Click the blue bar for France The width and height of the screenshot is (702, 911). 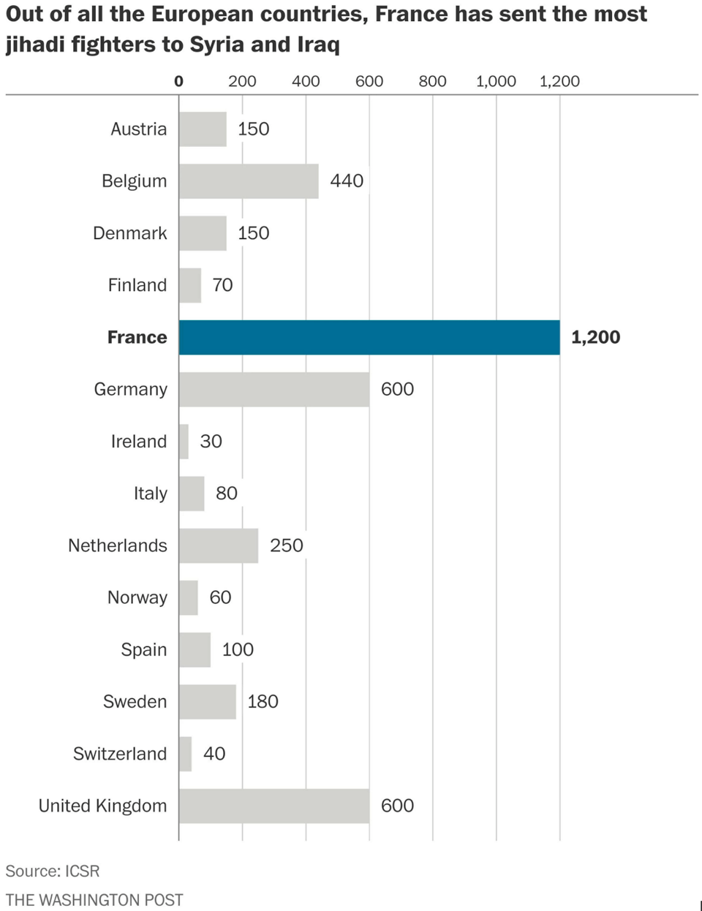pyautogui.click(x=369, y=337)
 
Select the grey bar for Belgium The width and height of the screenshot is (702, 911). pyautogui.click(x=249, y=181)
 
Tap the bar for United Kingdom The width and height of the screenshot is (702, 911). pyautogui.click(x=274, y=806)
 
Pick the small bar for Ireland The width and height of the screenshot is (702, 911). pyautogui.click(x=184, y=442)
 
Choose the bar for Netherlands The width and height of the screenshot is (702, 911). pyautogui.click(x=219, y=545)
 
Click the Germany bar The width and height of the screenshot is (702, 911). pyautogui.click(x=274, y=389)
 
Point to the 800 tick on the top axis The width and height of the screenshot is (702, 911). pyautogui.click(x=432, y=81)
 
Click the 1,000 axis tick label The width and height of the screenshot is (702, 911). pyautogui.click(x=496, y=81)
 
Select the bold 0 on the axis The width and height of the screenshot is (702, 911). pyautogui.click(x=178, y=81)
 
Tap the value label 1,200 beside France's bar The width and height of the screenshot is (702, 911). pyautogui.click(x=595, y=337)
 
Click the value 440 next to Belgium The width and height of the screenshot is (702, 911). pyautogui.click(x=347, y=181)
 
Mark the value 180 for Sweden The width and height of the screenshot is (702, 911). pyautogui.click(x=263, y=702)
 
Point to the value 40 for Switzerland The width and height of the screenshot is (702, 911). pyautogui.click(x=214, y=754)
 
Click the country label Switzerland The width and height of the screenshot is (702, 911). pyautogui.click(x=120, y=754)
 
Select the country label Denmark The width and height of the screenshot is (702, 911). pyautogui.click(x=130, y=233)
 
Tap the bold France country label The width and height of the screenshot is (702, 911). pyautogui.click(x=137, y=337)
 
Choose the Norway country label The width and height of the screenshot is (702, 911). pyautogui.click(x=137, y=597)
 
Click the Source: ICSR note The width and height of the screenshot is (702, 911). pyautogui.click(x=53, y=871)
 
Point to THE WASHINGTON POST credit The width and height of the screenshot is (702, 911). pyautogui.click(x=94, y=899)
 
